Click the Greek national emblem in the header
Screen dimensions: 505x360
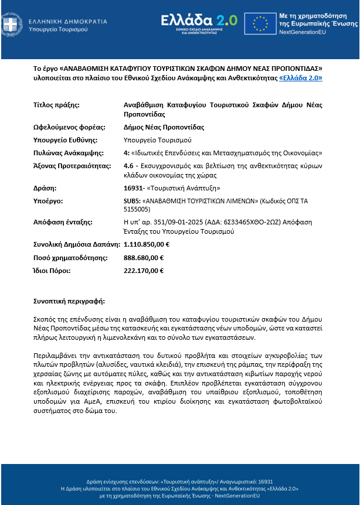(9, 25)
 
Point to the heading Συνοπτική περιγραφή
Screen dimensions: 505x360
(69, 301)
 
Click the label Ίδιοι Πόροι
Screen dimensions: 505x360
(52, 271)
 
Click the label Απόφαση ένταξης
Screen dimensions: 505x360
(62, 223)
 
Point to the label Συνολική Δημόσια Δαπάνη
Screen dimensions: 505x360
(77, 244)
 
